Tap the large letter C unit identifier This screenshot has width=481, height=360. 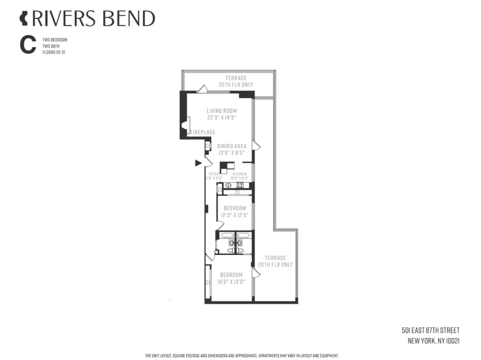27,46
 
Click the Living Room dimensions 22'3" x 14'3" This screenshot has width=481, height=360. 222,118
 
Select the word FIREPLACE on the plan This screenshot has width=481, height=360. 203,132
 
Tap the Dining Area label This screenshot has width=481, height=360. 232,146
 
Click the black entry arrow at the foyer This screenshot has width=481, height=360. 198,163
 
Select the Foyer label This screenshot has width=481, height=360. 214,174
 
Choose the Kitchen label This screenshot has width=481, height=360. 239,174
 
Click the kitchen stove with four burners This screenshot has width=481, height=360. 240,184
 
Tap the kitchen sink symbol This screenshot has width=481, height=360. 228,185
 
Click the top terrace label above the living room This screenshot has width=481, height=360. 236,81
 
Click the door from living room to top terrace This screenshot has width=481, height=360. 202,89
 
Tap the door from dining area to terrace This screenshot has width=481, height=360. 256,145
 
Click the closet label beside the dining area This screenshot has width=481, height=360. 208,146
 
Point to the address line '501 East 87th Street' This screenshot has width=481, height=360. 431,330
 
